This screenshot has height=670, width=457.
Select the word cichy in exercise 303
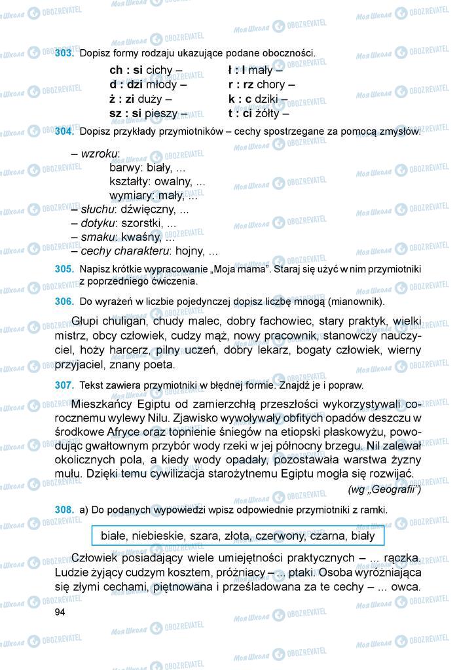(159, 70)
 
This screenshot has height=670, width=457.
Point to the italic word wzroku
(99, 153)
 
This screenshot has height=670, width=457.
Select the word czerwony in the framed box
(280, 536)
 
